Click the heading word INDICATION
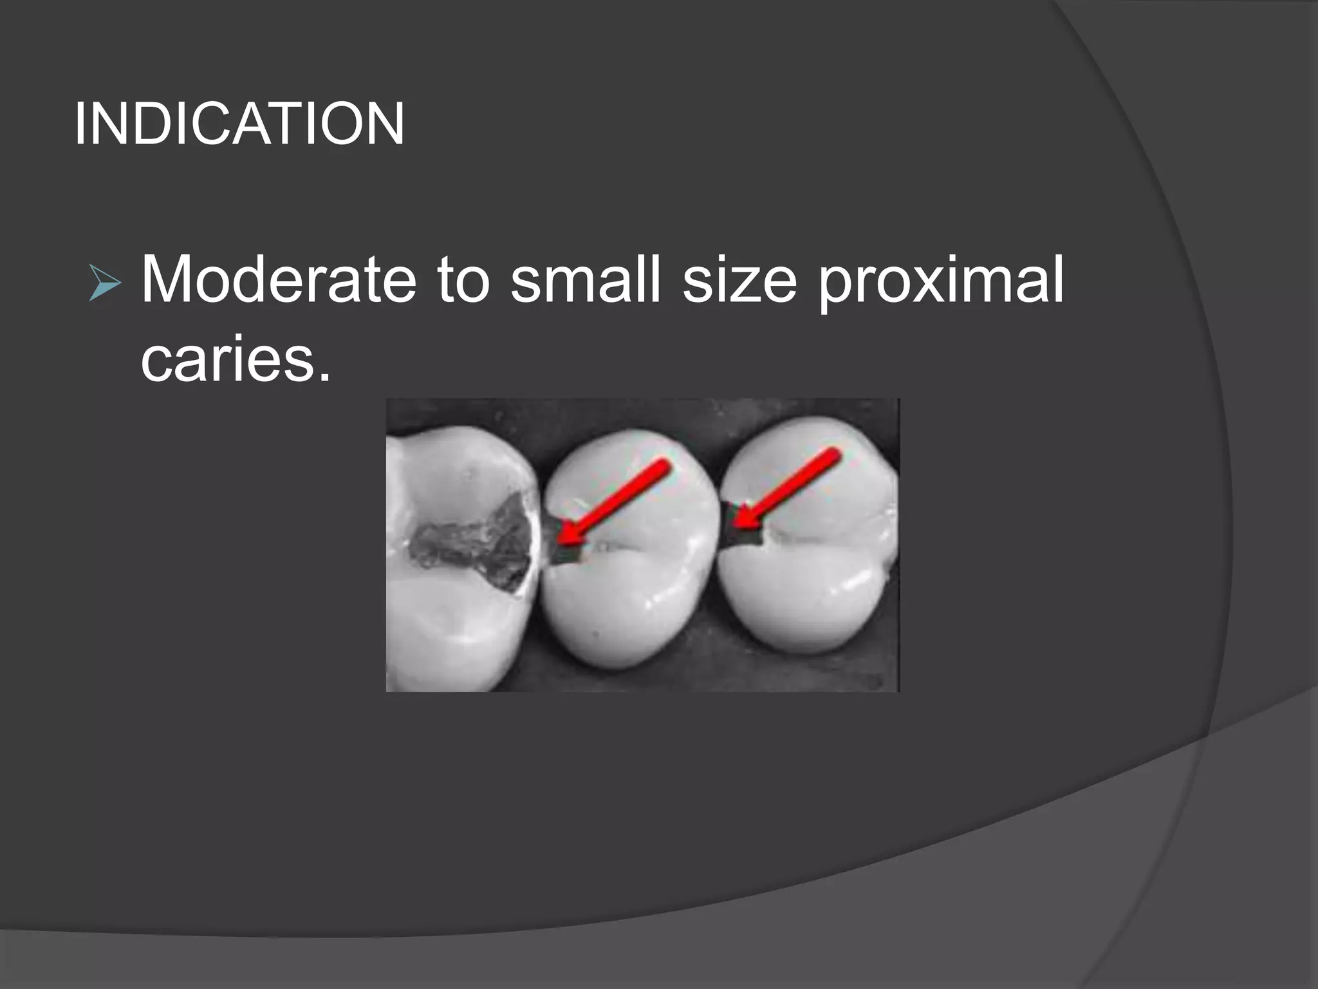[239, 124]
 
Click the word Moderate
[279, 279]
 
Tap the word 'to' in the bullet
[463, 279]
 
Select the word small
[586, 279]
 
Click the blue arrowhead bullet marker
[105, 283]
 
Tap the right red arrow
[788, 489]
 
